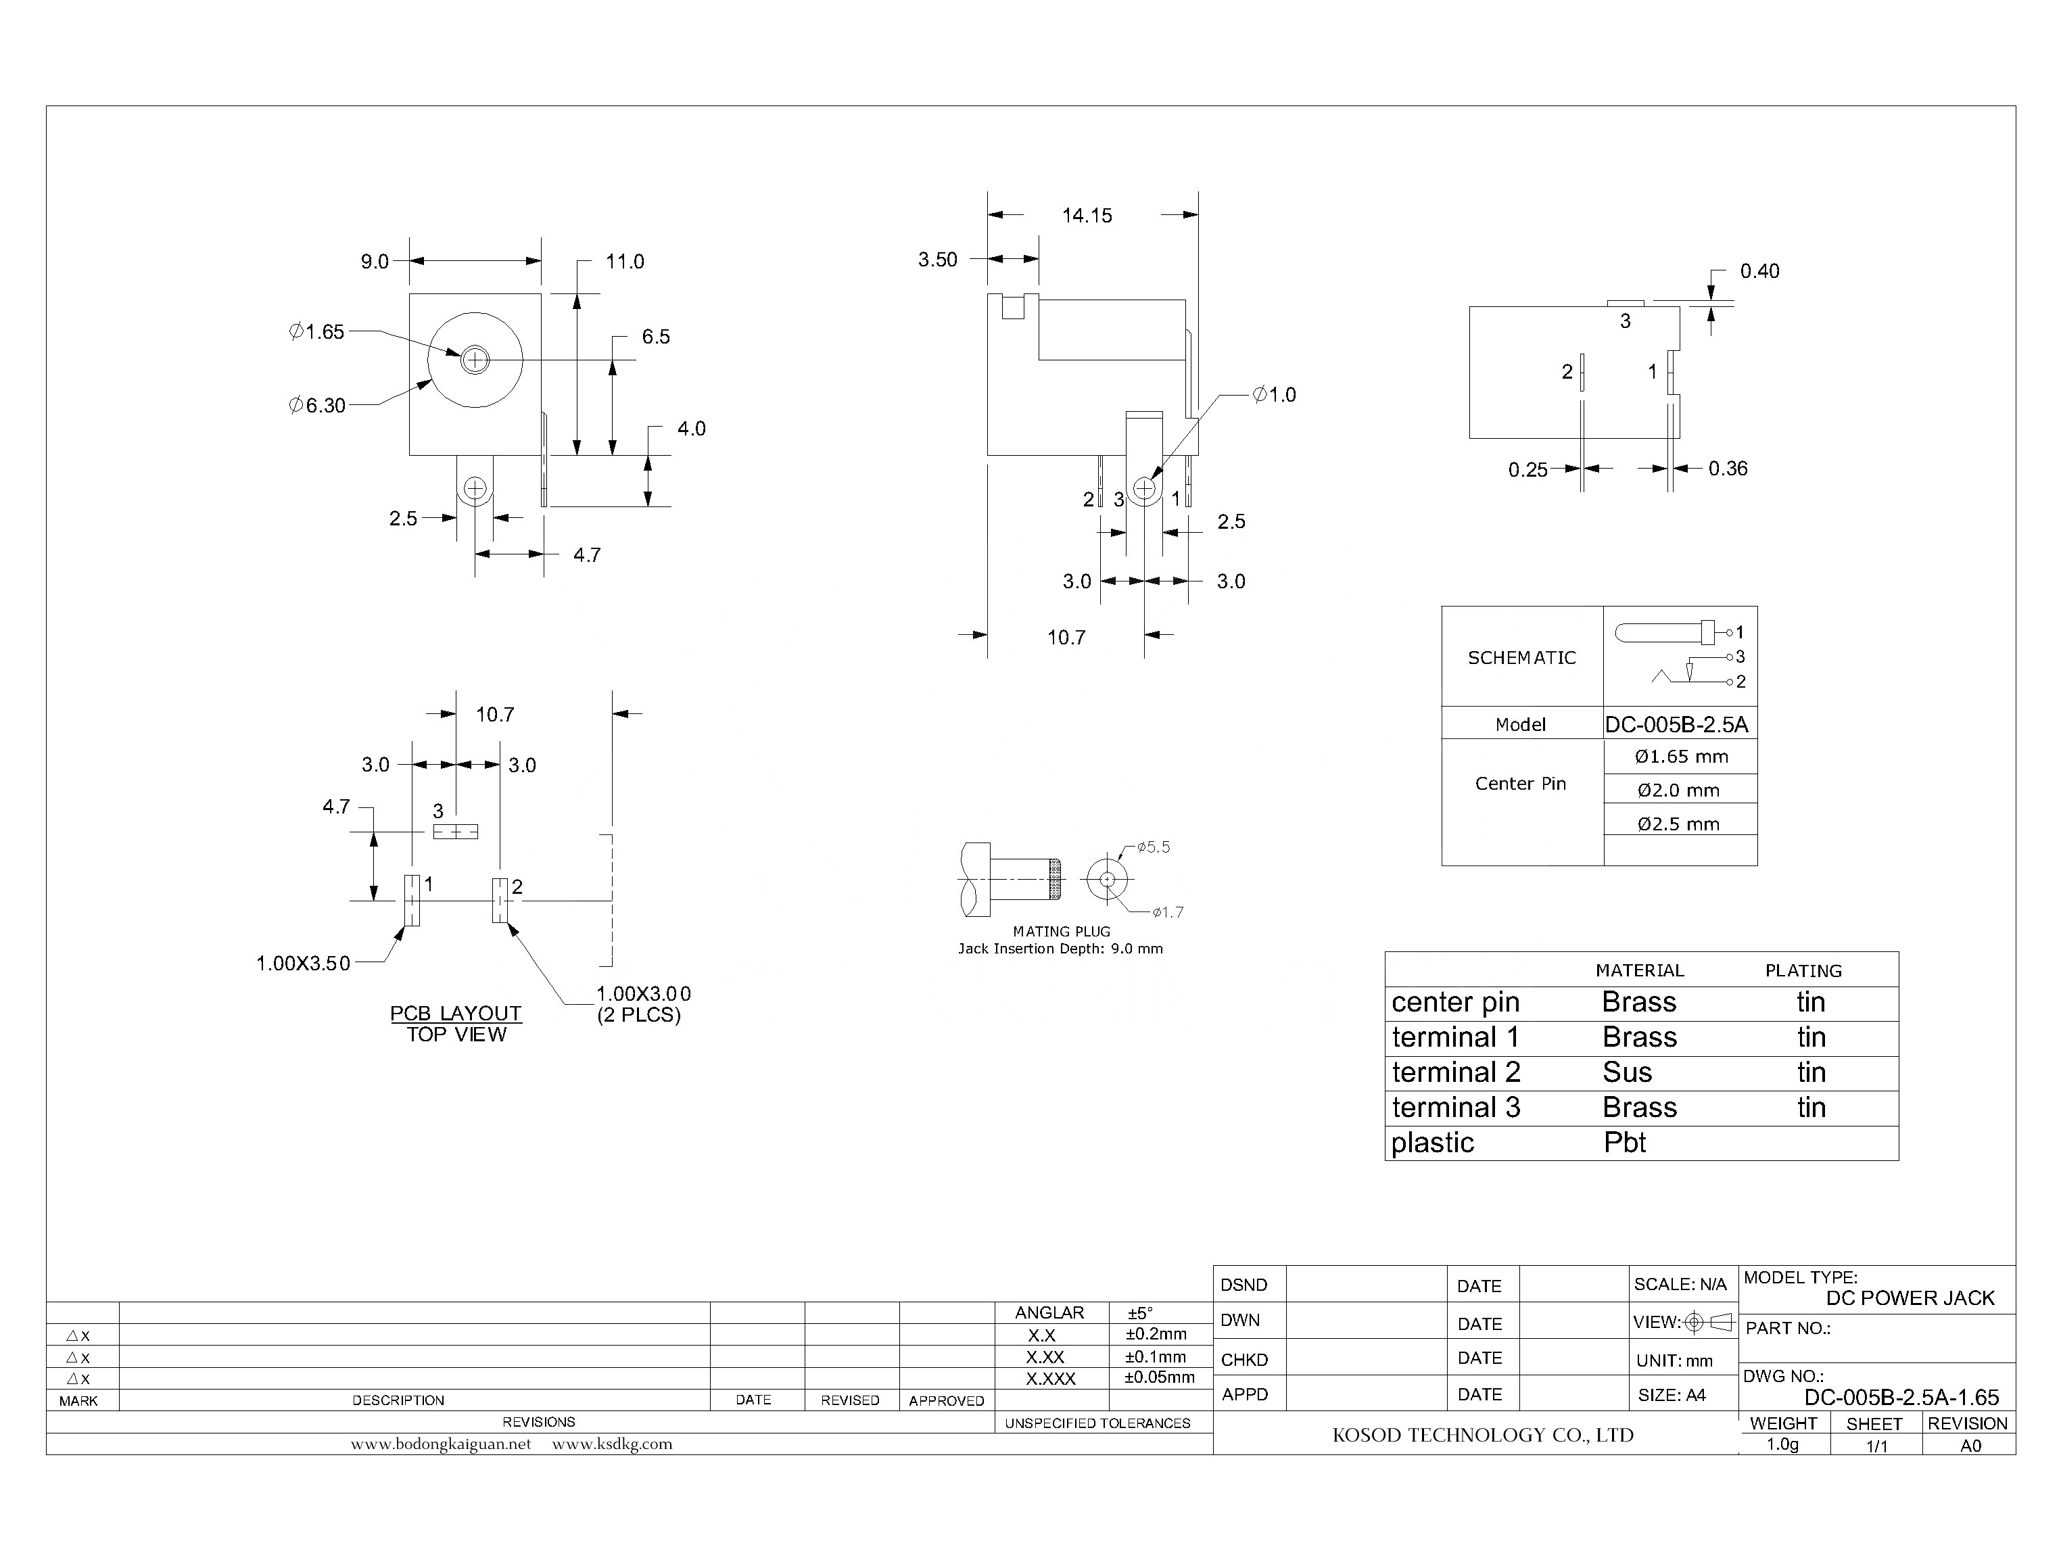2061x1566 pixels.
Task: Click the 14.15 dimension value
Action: tap(1087, 215)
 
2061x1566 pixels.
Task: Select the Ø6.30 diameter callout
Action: tap(317, 406)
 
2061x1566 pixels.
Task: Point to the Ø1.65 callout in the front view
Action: tap(317, 332)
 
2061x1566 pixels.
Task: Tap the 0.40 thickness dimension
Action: tap(1759, 271)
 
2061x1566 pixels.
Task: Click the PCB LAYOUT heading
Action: tap(455, 1014)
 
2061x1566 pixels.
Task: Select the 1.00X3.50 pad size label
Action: tap(303, 964)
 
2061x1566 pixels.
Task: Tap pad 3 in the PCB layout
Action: tap(456, 832)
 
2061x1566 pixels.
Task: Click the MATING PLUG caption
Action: tap(1061, 931)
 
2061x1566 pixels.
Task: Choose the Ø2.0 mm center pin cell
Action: tap(1679, 790)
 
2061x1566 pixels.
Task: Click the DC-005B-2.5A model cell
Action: tap(1676, 724)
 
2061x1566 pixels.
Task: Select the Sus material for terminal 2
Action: tap(1628, 1073)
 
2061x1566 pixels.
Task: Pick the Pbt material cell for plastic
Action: tap(1625, 1143)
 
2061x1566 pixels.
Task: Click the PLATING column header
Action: tap(1803, 971)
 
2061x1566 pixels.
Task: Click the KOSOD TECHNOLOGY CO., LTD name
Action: tap(1482, 1435)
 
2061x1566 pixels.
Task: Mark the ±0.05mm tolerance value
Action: tap(1159, 1378)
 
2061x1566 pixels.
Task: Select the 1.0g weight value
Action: tap(1782, 1445)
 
